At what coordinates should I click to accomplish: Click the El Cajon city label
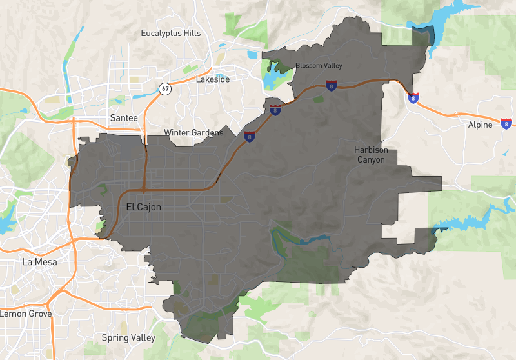coord(139,207)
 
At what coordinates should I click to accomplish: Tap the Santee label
coord(124,118)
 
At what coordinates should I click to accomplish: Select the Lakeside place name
coord(212,79)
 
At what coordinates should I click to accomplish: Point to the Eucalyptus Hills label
coord(171,33)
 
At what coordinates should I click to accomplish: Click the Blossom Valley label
coord(319,66)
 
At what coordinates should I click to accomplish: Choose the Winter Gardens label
coord(193,133)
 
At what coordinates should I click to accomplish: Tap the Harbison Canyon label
coord(371,155)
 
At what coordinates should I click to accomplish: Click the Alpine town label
coord(480,125)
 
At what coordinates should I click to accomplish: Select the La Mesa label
coord(39,262)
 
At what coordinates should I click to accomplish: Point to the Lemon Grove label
coord(26,314)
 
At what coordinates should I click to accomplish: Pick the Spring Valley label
coord(129,337)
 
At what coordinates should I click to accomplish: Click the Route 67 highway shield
coord(166,88)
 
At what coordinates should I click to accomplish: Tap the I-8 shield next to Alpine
coord(506,123)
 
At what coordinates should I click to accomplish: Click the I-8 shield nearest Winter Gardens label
coord(249,136)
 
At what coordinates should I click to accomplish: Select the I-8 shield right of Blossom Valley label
coord(331,85)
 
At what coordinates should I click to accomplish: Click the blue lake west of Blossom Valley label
coord(271,79)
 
